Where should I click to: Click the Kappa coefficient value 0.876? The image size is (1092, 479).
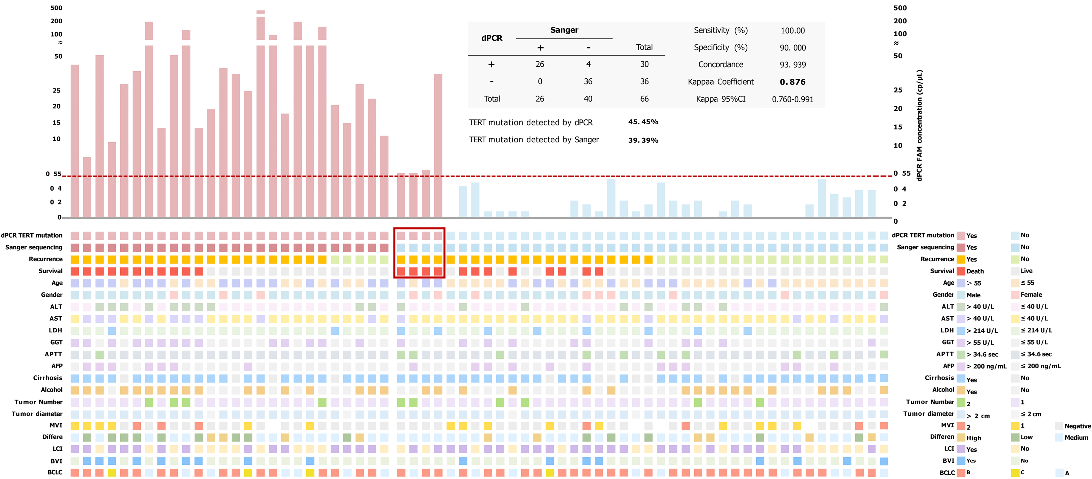pyautogui.click(x=792, y=82)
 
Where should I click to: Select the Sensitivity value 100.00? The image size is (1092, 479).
pyautogui.click(x=792, y=31)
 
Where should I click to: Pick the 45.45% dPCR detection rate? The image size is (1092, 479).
pyautogui.click(x=643, y=122)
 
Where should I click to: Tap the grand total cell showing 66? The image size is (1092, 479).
pyautogui.click(x=644, y=99)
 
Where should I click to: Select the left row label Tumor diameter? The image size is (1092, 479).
pyautogui.click(x=37, y=414)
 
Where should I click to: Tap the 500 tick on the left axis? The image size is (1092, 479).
pyautogui.click(x=56, y=8)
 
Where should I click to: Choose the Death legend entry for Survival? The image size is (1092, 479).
pyautogui.click(x=975, y=271)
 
